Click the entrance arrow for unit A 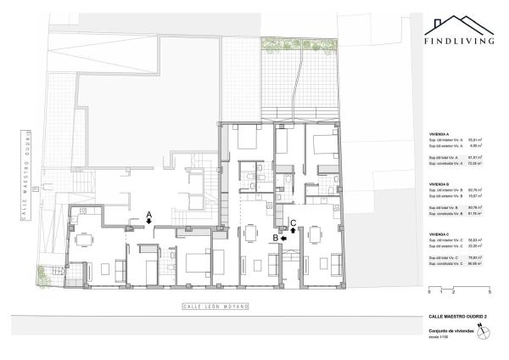coord(148,221)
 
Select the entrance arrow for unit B coord(284,239)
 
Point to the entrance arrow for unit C coord(293,228)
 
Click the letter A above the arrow coord(148,213)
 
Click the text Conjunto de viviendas coord(450,332)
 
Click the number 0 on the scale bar coord(429,292)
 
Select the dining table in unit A coord(84,240)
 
